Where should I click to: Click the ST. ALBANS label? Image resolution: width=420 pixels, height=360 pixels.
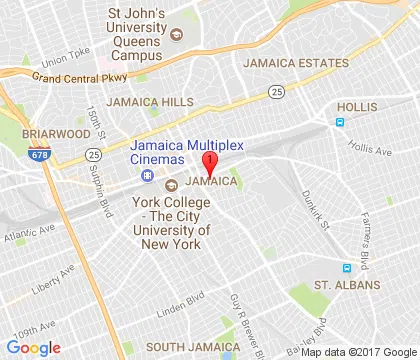[x=348, y=286]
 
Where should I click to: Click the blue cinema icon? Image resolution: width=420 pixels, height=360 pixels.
[x=148, y=176]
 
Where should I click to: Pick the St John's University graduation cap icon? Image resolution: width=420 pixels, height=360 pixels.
[x=177, y=34]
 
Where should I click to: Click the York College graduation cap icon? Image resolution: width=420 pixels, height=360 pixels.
[x=170, y=184]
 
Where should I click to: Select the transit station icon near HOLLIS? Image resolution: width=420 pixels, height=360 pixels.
[x=340, y=121]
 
